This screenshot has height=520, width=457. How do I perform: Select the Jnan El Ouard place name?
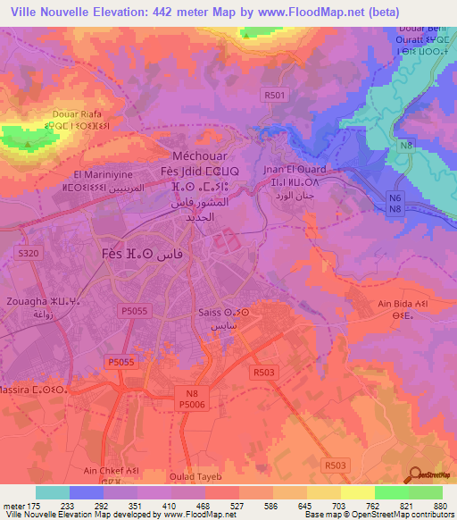[295, 169]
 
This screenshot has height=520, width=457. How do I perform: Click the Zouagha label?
[30, 302]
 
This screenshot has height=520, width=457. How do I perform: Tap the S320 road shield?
[29, 254]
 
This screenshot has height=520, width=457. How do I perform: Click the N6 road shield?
[395, 197]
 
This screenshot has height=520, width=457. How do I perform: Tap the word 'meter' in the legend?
[13, 505]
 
